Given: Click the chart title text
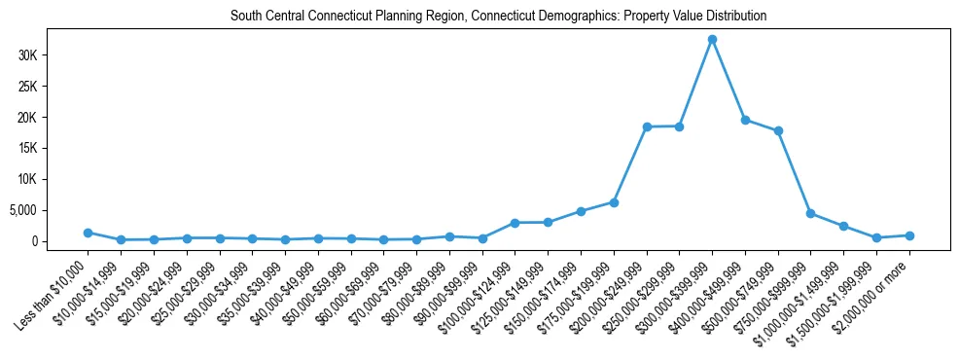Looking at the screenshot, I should click(498, 16).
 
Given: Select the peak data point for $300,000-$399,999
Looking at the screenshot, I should click(712, 40).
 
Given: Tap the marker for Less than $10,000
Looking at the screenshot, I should click(88, 233).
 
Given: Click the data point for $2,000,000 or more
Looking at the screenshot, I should click(909, 235).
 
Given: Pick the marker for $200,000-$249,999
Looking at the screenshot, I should click(647, 126).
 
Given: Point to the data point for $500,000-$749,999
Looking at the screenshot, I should click(778, 131).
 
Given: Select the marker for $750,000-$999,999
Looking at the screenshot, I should click(811, 213).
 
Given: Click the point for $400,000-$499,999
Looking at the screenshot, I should click(745, 120).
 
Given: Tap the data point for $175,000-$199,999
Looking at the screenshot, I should click(614, 202).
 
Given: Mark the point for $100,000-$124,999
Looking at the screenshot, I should click(515, 223).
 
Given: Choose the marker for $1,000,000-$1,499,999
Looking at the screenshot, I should click(844, 226).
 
